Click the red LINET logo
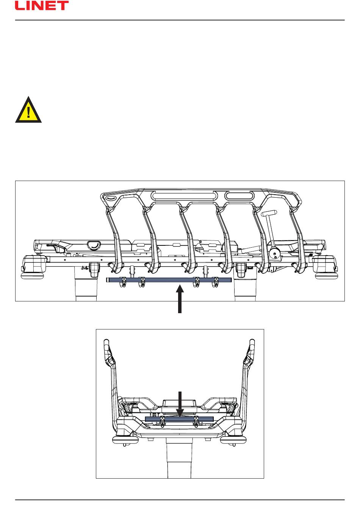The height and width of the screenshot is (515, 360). pyautogui.click(x=42, y=6)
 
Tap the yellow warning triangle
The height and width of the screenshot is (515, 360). pyautogui.click(x=28, y=111)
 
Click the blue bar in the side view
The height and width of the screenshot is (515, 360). pyautogui.click(x=169, y=280)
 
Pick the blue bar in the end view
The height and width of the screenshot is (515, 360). pyautogui.click(x=179, y=419)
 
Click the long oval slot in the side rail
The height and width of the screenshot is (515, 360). pyautogui.click(x=182, y=196)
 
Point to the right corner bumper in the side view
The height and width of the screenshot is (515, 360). pyautogui.click(x=326, y=265)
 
